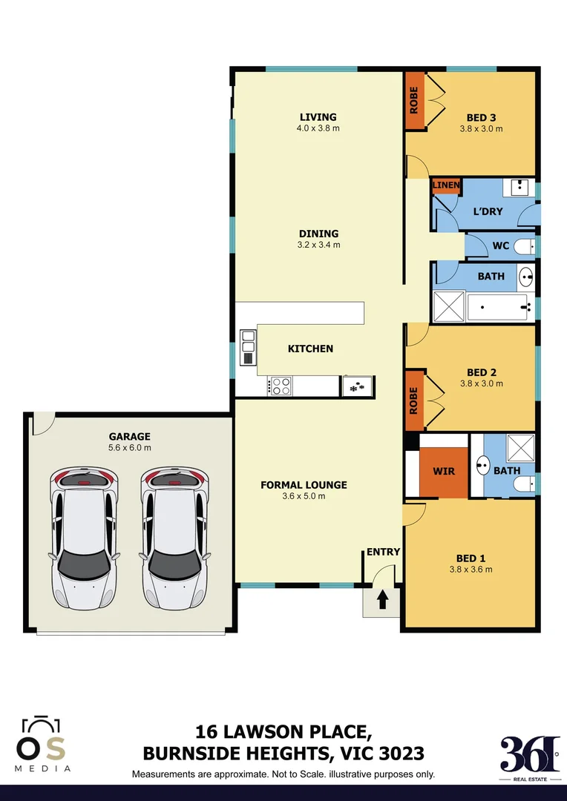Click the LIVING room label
click(318, 117)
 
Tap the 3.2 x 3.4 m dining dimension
click(318, 245)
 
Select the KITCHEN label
click(310, 349)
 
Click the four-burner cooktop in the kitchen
click(280, 386)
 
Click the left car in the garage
click(82, 537)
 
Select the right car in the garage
click(173, 537)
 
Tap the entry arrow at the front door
click(383, 599)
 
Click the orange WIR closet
click(444, 472)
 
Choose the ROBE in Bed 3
click(414, 101)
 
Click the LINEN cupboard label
click(447, 185)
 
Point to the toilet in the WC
click(524, 246)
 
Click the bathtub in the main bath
click(498, 306)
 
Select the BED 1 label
click(471, 558)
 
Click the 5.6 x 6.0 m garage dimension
click(130, 447)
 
